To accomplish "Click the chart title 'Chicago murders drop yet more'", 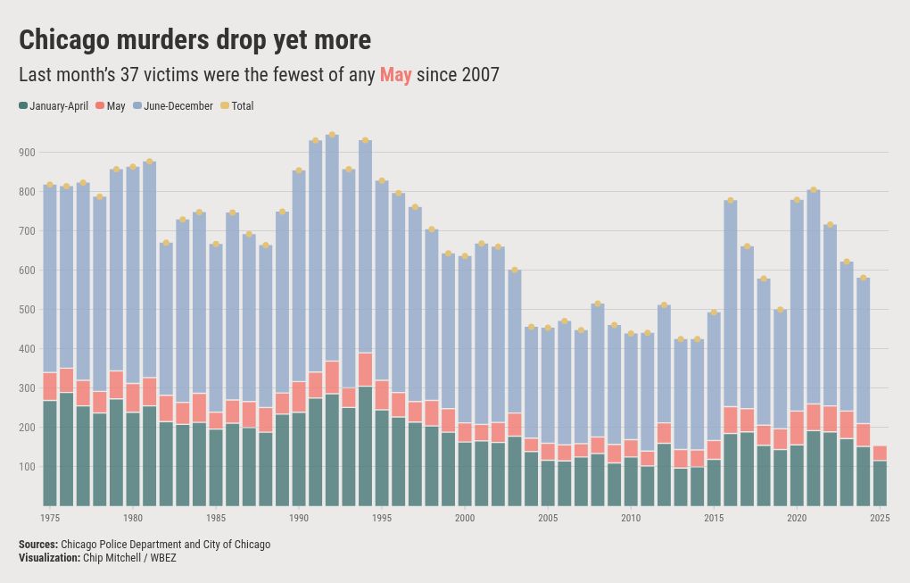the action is pyautogui.click(x=195, y=40).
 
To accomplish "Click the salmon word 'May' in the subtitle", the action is pyautogui.click(x=396, y=75).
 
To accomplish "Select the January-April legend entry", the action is pyautogui.click(x=54, y=105).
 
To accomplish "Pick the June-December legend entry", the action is pyautogui.click(x=173, y=105).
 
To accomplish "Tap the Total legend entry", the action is pyautogui.click(x=236, y=105).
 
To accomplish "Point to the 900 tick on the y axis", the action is pyautogui.click(x=28, y=152).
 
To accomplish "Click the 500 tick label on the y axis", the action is pyautogui.click(x=28, y=310).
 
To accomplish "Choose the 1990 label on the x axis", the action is pyautogui.click(x=299, y=518).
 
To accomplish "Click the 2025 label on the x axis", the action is pyautogui.click(x=880, y=518).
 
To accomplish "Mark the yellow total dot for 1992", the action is pyautogui.click(x=332, y=135).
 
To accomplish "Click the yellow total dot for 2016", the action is pyautogui.click(x=731, y=200).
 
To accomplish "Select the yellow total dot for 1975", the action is pyautogui.click(x=50, y=185).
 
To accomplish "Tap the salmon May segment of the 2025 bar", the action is pyautogui.click(x=880, y=453).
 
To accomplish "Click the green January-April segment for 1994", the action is pyautogui.click(x=365, y=446).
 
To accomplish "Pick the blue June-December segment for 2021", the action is pyautogui.click(x=814, y=296).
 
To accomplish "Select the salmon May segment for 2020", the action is pyautogui.click(x=797, y=428).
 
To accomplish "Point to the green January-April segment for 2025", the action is pyautogui.click(x=880, y=483).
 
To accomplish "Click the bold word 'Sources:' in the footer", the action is pyautogui.click(x=38, y=544).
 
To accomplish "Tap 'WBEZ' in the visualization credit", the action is pyautogui.click(x=163, y=558).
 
